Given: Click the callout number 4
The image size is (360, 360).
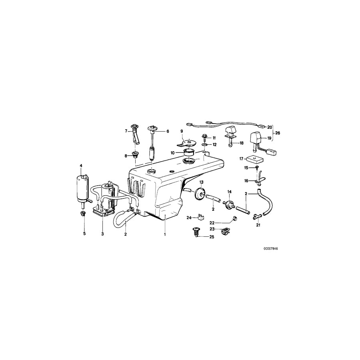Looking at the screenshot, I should (x=81, y=165).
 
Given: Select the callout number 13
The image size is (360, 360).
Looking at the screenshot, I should (x=202, y=182).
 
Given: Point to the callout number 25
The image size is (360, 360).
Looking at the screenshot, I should (x=212, y=237).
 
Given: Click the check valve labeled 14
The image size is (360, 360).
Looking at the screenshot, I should (x=230, y=204).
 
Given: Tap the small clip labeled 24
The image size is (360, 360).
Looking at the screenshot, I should (x=201, y=218).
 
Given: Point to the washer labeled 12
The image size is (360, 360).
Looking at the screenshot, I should (x=205, y=144).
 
